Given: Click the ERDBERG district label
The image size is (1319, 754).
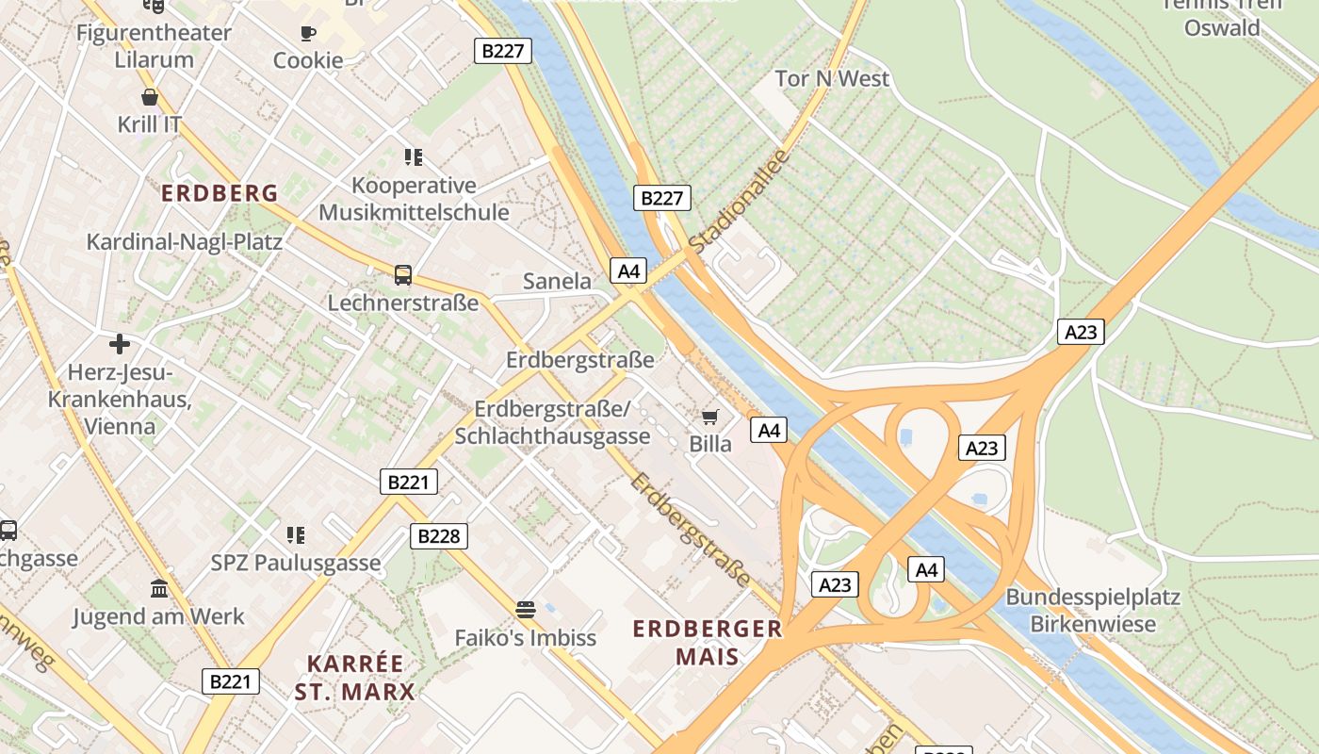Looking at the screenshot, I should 220,193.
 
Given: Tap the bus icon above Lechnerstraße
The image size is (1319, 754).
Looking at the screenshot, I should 403,275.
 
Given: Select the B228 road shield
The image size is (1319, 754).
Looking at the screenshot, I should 439,536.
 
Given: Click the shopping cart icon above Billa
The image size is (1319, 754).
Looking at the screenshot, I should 710,417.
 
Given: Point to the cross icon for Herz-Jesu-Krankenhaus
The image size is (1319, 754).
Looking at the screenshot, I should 120,344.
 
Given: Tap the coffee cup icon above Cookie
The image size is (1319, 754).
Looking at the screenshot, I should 308,34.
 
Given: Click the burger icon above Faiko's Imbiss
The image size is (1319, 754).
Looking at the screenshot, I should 526,610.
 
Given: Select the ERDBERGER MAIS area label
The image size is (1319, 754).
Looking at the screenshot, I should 708,642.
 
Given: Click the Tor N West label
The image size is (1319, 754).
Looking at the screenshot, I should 832,78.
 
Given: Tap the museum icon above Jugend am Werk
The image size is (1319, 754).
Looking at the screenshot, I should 159,589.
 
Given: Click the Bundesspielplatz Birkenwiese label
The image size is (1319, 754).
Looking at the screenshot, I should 1093,610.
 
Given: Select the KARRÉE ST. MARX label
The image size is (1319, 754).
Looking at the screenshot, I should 354,678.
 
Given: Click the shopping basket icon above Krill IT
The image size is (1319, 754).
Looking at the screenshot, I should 150,97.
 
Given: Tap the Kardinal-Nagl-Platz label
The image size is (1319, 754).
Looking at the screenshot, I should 185,242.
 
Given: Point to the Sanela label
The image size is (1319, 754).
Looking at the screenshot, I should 557,281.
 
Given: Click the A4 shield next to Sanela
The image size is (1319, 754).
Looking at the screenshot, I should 628,271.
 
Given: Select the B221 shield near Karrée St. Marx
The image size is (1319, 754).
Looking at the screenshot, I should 231,680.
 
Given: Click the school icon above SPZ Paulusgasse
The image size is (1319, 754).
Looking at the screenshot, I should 296,535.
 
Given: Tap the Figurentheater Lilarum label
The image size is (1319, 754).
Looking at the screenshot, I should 154,46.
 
